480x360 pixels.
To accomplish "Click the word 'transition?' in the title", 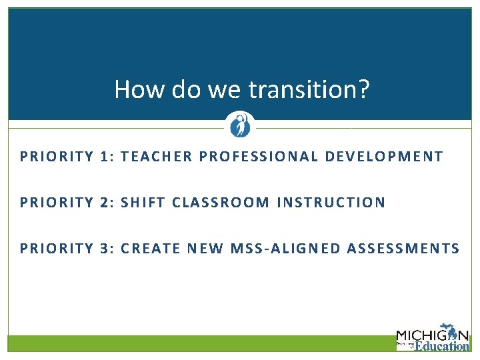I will pyautogui.click(x=309, y=89).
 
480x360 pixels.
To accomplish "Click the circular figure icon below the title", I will pyautogui.click(x=239, y=125).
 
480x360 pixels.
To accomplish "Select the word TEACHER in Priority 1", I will pyautogui.click(x=157, y=157).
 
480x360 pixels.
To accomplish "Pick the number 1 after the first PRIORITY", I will pyautogui.click(x=105, y=157).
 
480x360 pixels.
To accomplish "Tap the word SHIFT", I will pyautogui.click(x=143, y=203).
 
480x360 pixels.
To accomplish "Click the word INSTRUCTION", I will pyautogui.click(x=332, y=203).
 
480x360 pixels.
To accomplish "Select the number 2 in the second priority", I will pyautogui.click(x=105, y=203).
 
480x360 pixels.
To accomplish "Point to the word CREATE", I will pyautogui.click(x=151, y=249).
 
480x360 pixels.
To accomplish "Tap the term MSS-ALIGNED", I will pyautogui.click(x=285, y=249).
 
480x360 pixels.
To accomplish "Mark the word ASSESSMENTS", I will pyautogui.click(x=403, y=249).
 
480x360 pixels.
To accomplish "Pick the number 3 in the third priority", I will pyautogui.click(x=105, y=249).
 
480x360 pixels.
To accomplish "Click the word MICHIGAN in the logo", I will pyautogui.click(x=432, y=335).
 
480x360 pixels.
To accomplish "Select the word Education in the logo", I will pyautogui.click(x=442, y=346).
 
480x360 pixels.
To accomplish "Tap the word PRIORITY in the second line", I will pyautogui.click(x=57, y=203).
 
